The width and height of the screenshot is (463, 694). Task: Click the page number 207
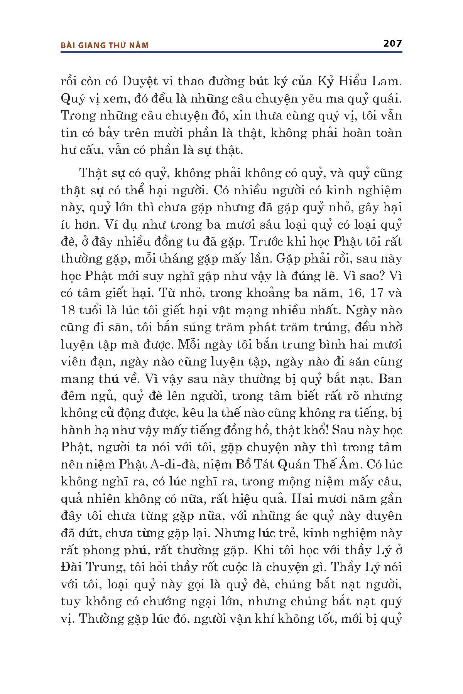point(392,43)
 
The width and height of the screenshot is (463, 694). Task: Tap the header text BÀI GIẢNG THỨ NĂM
point(105,45)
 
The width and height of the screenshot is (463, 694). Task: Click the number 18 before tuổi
point(68,310)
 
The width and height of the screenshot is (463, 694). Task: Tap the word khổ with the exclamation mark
point(318,430)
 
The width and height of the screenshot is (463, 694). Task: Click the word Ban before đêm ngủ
point(390,379)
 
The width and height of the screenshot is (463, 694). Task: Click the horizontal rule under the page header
point(231,51)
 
